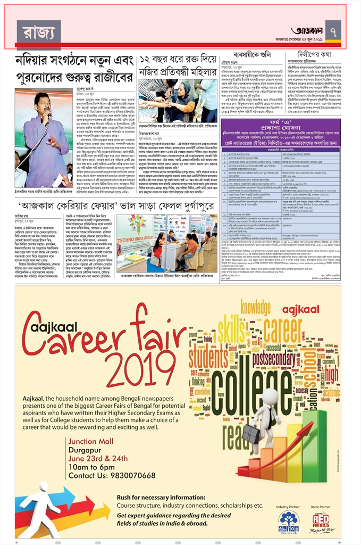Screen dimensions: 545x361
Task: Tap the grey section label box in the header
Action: point(39,31)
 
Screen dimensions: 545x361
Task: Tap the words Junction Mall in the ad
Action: point(91,441)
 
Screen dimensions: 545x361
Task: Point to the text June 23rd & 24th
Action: point(98,458)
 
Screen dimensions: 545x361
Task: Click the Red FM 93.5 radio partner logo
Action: point(320,521)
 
